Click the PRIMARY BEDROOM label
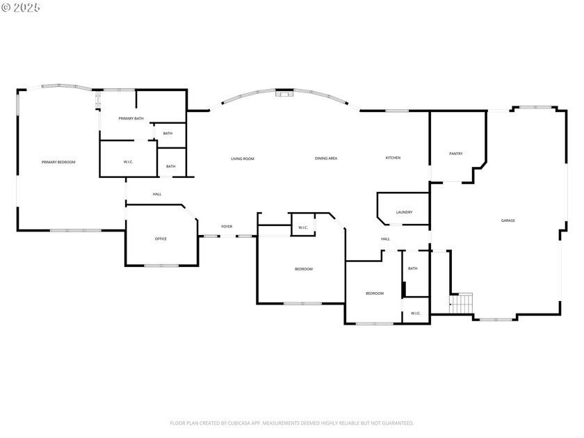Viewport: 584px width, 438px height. pyautogui.click(x=58, y=162)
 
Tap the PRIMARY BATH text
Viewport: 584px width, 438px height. pyautogui.click(x=131, y=119)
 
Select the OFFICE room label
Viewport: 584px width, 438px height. pyautogui.click(x=161, y=239)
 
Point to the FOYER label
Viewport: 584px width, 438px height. pyautogui.click(x=227, y=227)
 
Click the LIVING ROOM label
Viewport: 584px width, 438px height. pyautogui.click(x=243, y=159)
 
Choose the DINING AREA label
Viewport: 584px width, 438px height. pyautogui.click(x=326, y=159)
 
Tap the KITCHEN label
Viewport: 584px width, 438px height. pyautogui.click(x=393, y=158)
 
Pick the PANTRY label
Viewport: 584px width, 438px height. pyautogui.click(x=456, y=154)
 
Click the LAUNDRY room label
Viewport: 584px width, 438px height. pyautogui.click(x=404, y=212)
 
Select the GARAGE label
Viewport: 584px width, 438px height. pyautogui.click(x=508, y=220)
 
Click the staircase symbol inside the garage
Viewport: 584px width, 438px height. pyautogui.click(x=462, y=303)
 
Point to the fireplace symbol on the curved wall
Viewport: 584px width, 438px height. pyautogui.click(x=284, y=94)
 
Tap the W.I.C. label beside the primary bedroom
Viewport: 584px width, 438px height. pyautogui.click(x=129, y=163)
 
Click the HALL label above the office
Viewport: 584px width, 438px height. pyautogui.click(x=157, y=194)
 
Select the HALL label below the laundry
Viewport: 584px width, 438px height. pyautogui.click(x=385, y=239)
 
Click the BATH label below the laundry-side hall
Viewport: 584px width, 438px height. pyautogui.click(x=413, y=268)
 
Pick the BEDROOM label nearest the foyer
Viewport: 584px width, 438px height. pyautogui.click(x=303, y=269)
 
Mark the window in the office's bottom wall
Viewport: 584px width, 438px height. pyautogui.click(x=161, y=266)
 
